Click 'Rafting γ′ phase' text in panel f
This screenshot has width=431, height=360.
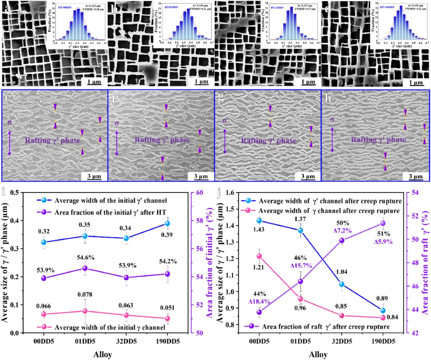click(x=162, y=140)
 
